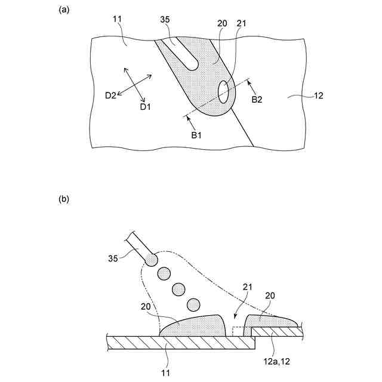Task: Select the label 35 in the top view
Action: click(x=165, y=20)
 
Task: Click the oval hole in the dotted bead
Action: click(x=223, y=91)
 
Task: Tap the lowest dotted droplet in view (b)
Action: click(x=193, y=306)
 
